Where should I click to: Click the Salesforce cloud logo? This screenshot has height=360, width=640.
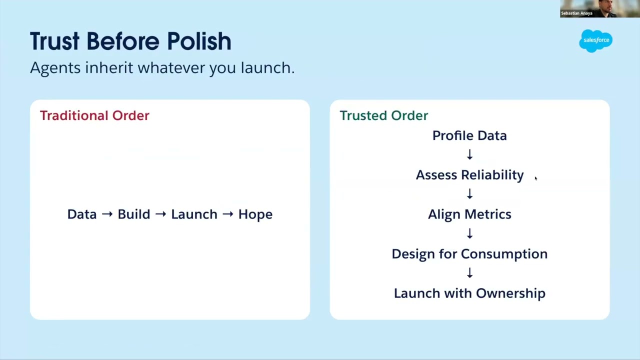tap(595, 40)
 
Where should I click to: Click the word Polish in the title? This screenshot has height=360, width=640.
tap(199, 41)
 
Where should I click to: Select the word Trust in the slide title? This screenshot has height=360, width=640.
tap(54, 41)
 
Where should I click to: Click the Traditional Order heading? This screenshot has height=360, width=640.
tap(94, 115)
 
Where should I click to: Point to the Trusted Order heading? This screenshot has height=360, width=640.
tap(383, 115)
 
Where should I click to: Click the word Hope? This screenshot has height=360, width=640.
tap(255, 214)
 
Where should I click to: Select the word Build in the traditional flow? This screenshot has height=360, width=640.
tap(134, 214)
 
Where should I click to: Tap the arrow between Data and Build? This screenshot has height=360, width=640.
tap(107, 214)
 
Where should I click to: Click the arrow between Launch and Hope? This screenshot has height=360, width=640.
tap(227, 214)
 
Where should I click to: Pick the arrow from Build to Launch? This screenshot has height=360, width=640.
tap(160, 214)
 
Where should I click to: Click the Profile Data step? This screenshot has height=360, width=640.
tap(469, 135)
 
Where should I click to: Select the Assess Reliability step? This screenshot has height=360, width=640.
tap(469, 175)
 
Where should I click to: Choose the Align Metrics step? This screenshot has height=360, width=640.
tap(469, 214)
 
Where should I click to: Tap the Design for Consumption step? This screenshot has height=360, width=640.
tap(469, 254)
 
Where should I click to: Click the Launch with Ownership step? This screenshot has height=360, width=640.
tap(469, 293)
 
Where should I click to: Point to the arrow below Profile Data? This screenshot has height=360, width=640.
tap(469, 154)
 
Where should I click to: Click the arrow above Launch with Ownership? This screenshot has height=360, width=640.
tap(469, 273)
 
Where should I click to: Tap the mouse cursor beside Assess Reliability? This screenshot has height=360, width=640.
tap(536, 178)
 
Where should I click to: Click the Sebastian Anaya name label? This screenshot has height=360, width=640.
tap(576, 13)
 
